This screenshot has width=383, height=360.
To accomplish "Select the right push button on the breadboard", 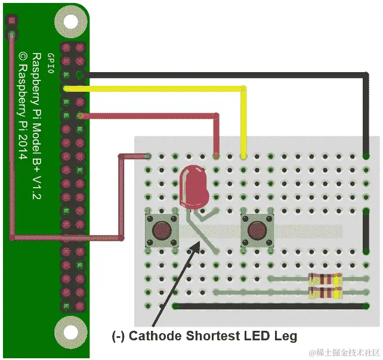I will (257, 229).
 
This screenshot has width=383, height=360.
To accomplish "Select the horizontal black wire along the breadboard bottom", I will (268, 306).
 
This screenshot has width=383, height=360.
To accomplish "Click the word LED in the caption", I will (257, 335).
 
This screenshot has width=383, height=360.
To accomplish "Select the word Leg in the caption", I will (285, 335).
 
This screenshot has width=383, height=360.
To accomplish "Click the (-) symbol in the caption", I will (119, 335).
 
